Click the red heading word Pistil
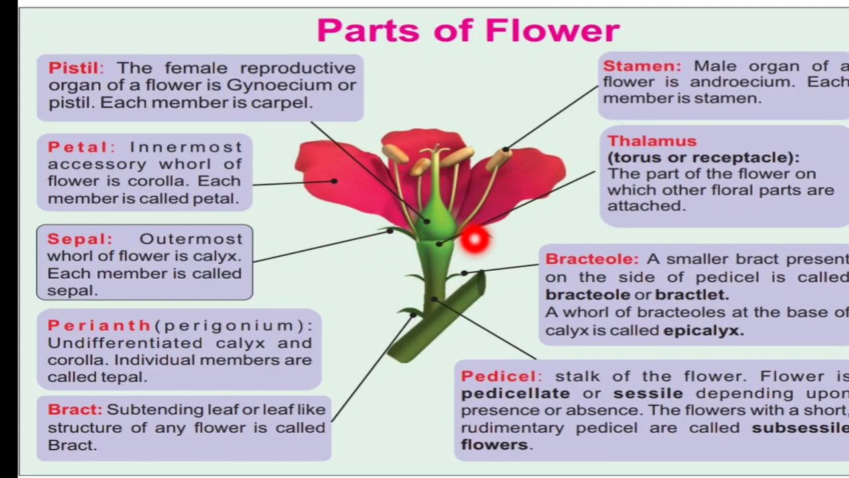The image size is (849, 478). pos(74,68)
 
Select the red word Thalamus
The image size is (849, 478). pos(652,141)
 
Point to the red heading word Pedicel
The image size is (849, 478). pos(499,376)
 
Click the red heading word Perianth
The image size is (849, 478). pos(99,325)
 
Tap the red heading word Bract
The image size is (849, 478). pos(73,410)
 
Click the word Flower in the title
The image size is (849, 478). pos(552,31)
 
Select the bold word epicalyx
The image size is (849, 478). pos(703,331)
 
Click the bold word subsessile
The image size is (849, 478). pos(800,428)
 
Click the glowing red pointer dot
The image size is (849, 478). pos(474,240)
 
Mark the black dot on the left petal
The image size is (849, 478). pos(334,181)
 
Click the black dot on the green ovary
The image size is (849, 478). pos(426,221)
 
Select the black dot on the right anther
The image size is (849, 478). pos(505,149)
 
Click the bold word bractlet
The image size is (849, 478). pos(692,295)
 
